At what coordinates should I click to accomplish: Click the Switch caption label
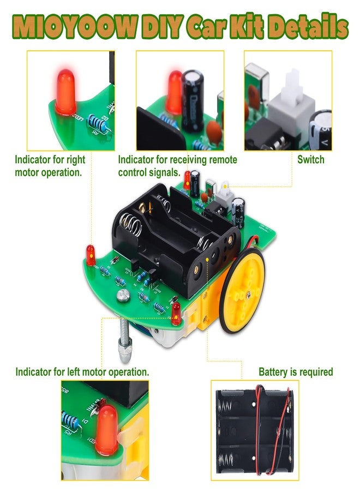(310, 160)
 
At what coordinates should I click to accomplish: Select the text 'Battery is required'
(296, 372)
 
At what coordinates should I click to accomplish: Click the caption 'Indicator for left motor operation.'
(82, 372)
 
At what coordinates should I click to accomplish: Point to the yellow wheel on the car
(242, 290)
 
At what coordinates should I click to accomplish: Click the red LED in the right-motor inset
(66, 92)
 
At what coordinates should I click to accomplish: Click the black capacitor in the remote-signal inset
(193, 101)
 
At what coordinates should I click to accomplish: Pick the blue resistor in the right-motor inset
(98, 123)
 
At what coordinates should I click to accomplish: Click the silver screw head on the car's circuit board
(123, 295)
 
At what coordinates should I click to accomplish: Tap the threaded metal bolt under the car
(124, 340)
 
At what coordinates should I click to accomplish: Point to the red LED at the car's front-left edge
(91, 255)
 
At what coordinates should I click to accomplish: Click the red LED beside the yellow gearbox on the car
(176, 313)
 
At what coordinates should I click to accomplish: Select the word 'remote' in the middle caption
(223, 160)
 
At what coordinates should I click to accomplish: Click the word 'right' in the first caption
(76, 160)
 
